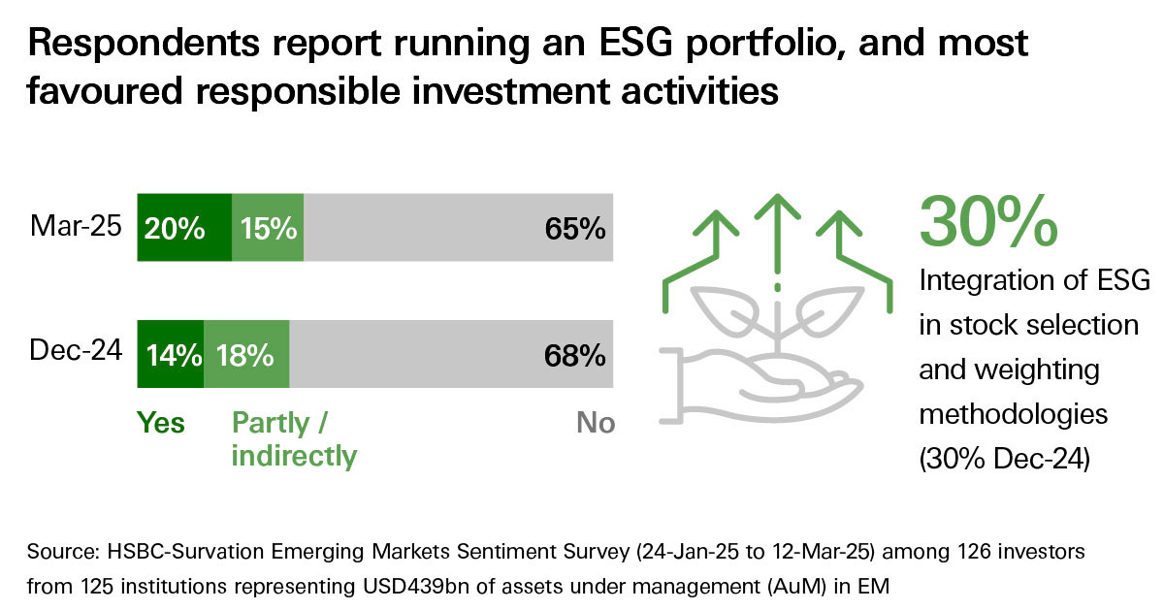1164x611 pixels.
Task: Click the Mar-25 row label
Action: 76,228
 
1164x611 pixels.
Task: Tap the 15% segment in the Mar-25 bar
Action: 268,228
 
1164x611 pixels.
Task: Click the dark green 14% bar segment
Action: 171,354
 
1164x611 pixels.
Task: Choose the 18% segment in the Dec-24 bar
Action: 246,354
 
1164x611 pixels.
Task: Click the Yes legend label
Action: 161,423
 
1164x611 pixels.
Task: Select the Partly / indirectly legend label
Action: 294,438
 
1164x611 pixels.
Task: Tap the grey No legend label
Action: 595,423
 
